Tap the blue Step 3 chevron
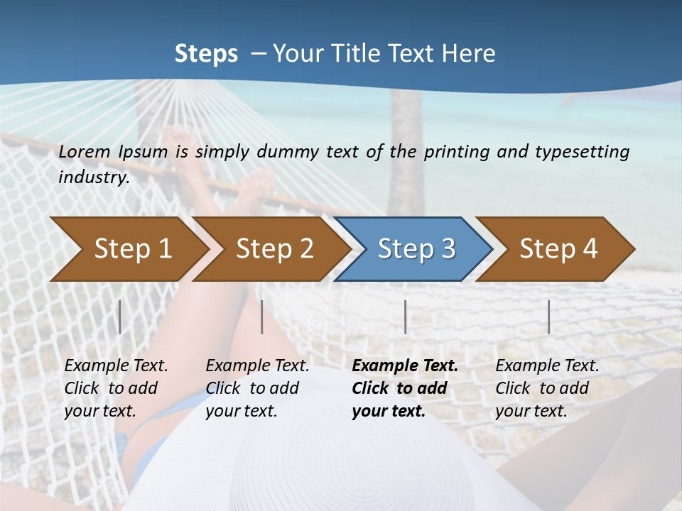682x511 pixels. coord(416,248)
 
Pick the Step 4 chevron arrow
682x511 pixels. coord(558,248)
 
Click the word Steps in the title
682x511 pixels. coord(206,54)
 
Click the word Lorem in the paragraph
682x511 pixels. coord(85,152)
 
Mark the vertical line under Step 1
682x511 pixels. coord(120,317)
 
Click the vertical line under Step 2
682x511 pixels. coord(262,317)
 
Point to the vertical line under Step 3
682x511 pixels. coord(405,317)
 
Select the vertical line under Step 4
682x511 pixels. coord(548,317)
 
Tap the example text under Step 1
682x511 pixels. coord(116,388)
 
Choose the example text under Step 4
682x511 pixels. coord(547,388)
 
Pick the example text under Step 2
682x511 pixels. coord(257,388)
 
